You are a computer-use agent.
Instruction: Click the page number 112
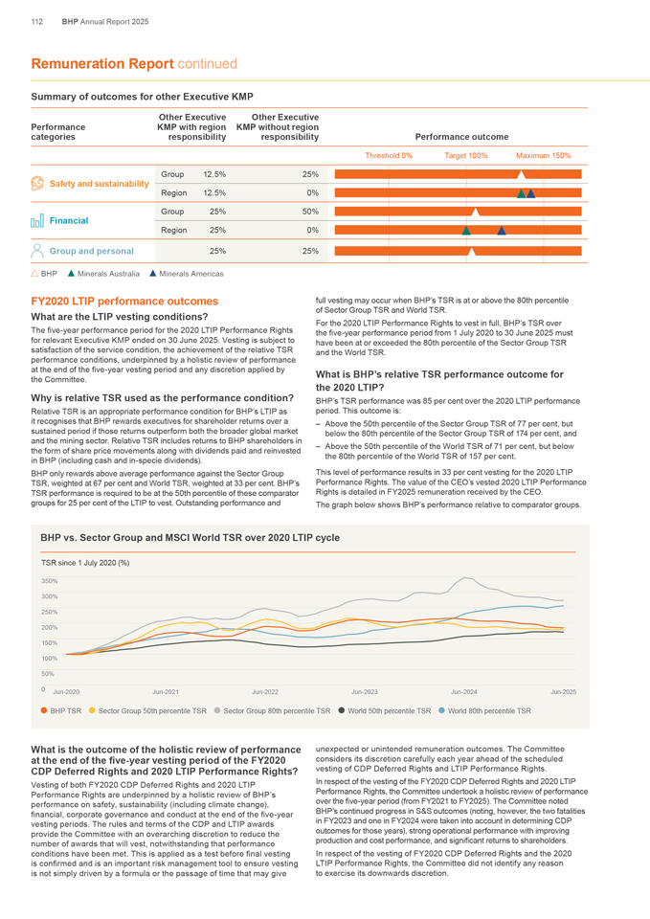click(37, 21)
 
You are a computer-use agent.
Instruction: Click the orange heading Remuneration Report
click(102, 64)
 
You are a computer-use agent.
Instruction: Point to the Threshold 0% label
click(389, 155)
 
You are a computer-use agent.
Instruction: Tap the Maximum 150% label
click(543, 155)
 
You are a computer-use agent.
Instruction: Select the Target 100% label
click(466, 155)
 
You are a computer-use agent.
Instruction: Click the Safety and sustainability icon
click(38, 183)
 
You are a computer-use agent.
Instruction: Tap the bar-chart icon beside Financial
click(38, 221)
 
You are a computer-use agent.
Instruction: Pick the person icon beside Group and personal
click(38, 250)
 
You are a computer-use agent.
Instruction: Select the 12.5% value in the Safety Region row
click(213, 192)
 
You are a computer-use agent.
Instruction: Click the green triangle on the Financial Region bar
click(465, 230)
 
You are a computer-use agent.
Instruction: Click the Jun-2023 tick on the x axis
click(364, 691)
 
